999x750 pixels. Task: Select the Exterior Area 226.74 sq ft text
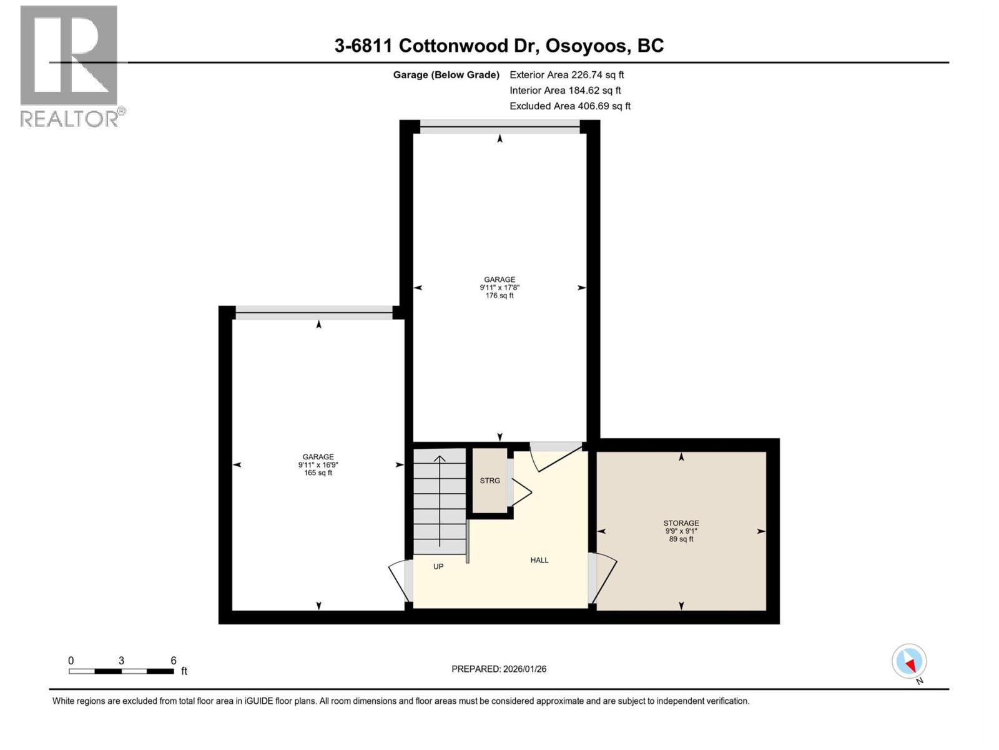(x=566, y=74)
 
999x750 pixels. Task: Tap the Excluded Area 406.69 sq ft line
(x=569, y=106)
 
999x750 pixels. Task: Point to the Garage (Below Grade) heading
(x=446, y=75)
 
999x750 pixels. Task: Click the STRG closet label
(x=490, y=481)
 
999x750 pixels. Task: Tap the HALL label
(x=539, y=560)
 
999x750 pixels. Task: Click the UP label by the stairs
(x=438, y=567)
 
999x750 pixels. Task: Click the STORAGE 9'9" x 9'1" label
(x=681, y=531)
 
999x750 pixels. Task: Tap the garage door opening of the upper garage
(x=499, y=127)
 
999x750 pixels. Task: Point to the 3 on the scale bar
(x=121, y=661)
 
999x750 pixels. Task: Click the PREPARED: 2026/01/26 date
(x=498, y=669)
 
